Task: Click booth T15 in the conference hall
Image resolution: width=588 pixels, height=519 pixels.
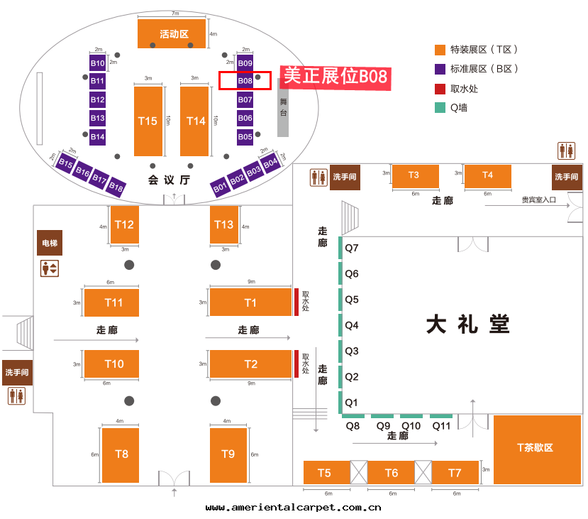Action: [x=148, y=121]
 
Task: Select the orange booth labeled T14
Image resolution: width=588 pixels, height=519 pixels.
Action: [x=194, y=121]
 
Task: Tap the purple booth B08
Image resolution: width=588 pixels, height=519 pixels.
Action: [x=245, y=81]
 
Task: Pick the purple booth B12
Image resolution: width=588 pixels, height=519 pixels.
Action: [x=98, y=100]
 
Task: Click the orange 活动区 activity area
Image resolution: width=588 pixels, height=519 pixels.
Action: [x=172, y=33]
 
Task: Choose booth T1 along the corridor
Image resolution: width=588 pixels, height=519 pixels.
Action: [x=250, y=302]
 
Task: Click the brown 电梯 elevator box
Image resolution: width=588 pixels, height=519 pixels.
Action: [x=50, y=244]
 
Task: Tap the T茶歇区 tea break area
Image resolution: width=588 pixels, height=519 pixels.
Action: [x=537, y=449]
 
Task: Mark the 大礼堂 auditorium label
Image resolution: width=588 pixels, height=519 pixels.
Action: [x=468, y=325]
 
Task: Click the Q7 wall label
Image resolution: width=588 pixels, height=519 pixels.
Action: [x=352, y=248]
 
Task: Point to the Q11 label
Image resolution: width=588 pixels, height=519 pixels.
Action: [x=442, y=426]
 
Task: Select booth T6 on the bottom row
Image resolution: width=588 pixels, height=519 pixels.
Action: [x=392, y=473]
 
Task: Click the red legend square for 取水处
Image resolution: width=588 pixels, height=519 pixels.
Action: [x=440, y=89]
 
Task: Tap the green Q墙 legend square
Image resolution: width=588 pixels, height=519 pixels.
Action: [x=440, y=108]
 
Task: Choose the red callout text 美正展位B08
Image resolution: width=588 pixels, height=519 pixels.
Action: [x=335, y=76]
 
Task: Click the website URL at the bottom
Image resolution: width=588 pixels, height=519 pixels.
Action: [x=294, y=507]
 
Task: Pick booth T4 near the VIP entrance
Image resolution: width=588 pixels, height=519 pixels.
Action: [x=487, y=175]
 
